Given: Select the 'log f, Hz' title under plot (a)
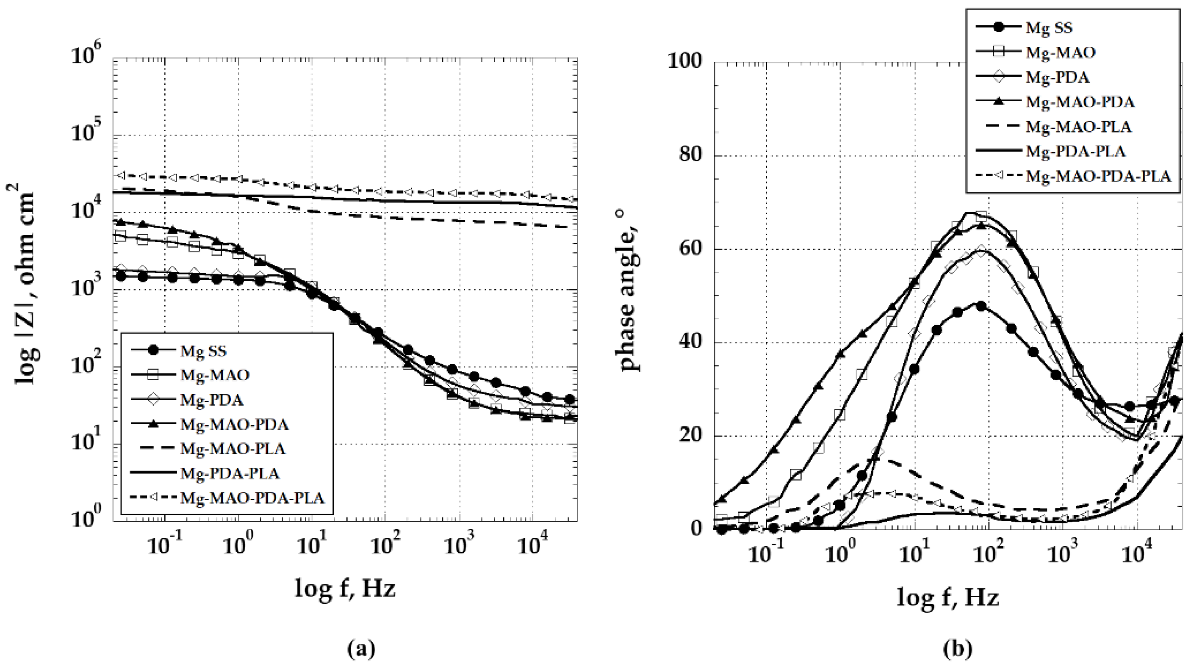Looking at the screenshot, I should [345, 589].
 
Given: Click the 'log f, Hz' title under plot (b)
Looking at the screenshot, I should [948, 598].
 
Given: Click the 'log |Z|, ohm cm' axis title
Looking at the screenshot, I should [25, 285].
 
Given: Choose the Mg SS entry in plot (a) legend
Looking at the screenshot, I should [203, 351].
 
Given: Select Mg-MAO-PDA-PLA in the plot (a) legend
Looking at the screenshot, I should [252, 498].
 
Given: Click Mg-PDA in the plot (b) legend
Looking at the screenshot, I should [1057, 77].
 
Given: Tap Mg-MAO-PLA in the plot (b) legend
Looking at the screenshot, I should [1078, 127].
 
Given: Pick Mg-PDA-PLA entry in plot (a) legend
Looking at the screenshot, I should [230, 473].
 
